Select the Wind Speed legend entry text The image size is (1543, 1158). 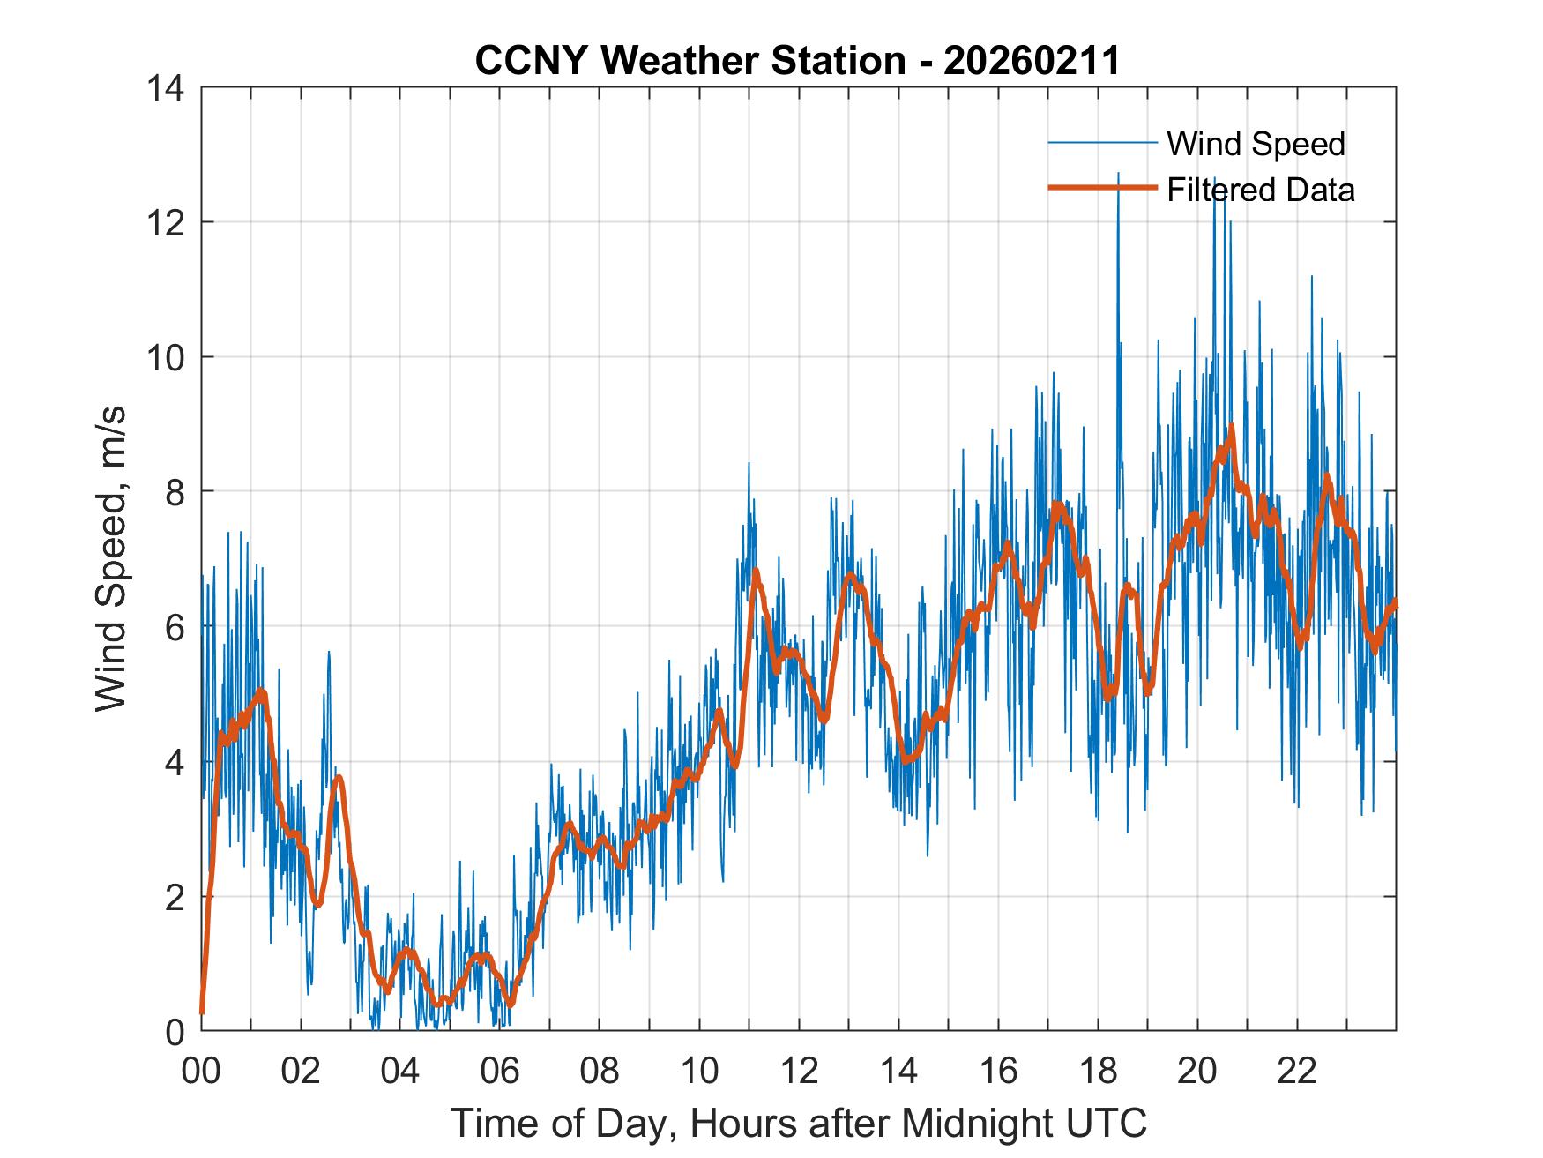pos(1256,144)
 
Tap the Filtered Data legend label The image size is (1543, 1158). pos(1260,190)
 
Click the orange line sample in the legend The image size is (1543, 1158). pos(1102,188)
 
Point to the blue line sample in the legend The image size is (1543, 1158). pos(1102,143)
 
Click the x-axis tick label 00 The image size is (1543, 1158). pos(201,1072)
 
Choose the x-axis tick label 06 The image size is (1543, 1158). pos(500,1072)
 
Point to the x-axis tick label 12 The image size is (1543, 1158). pos(799,1072)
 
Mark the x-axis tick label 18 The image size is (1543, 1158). pos(1098,1072)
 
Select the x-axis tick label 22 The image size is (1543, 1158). pos(1297,1072)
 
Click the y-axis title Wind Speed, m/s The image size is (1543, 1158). pos(111,559)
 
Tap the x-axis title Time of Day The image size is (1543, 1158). pos(798,1124)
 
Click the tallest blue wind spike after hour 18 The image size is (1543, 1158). pos(1118,174)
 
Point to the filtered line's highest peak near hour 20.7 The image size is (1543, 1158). pos(1231,427)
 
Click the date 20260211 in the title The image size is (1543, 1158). pos(1031,61)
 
